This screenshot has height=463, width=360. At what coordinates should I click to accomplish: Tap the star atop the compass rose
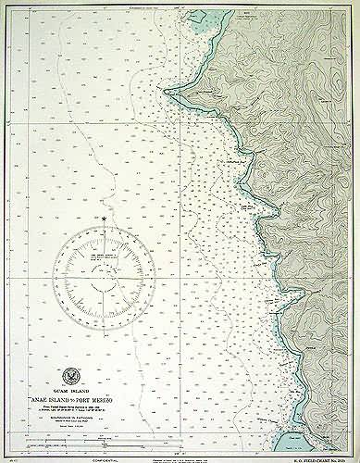click(106, 219)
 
